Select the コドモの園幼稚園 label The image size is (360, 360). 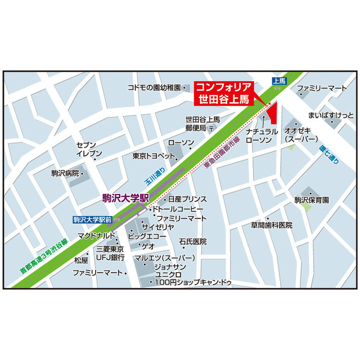154,88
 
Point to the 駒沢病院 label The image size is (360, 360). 65,173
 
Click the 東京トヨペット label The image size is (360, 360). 150,156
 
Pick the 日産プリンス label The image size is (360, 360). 187,199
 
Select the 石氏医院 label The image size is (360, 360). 193,241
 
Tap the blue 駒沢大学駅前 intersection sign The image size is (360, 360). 93,219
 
